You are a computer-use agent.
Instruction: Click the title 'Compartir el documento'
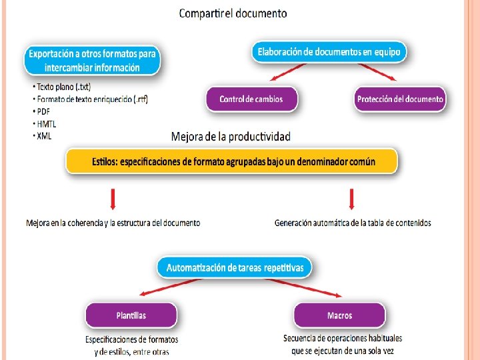click(233, 13)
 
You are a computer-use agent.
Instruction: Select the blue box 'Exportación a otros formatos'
click(93, 59)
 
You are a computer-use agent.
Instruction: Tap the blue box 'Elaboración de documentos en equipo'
click(329, 51)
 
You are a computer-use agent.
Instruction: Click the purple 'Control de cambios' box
click(251, 99)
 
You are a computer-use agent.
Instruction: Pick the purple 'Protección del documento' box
click(400, 99)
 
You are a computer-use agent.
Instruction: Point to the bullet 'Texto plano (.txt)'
click(61, 87)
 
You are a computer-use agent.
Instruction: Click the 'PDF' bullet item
click(43, 112)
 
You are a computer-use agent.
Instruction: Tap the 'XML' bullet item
click(44, 135)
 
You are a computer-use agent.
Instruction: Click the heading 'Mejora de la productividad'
click(231, 137)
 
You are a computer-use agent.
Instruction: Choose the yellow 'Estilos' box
click(231, 161)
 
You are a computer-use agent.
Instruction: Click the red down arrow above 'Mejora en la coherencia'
click(113, 199)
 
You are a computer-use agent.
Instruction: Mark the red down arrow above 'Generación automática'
click(352, 199)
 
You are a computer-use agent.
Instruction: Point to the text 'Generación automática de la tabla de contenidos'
click(353, 223)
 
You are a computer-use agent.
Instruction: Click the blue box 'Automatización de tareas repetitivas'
click(235, 268)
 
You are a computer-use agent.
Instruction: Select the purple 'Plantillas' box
click(131, 315)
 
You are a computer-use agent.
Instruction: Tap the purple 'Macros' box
click(339, 315)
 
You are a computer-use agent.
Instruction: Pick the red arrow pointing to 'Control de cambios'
click(285, 73)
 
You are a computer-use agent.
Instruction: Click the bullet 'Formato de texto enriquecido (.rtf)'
click(91, 99)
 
